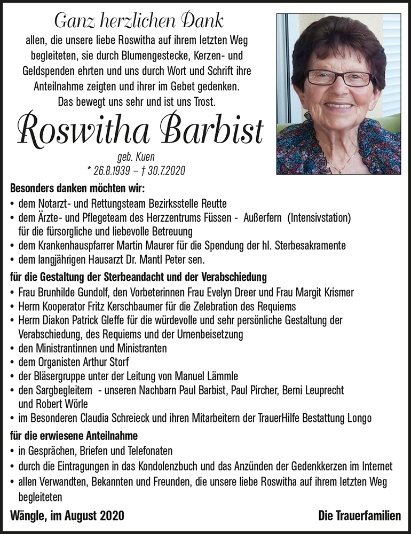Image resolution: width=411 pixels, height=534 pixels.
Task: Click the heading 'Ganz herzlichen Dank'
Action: pyautogui.click(x=139, y=21)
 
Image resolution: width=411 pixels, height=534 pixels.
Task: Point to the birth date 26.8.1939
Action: pyautogui.click(x=110, y=170)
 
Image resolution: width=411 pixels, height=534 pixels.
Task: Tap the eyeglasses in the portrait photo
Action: pyautogui.click(x=339, y=78)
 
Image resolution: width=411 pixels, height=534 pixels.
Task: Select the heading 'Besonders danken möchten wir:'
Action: pyautogui.click(x=77, y=189)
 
